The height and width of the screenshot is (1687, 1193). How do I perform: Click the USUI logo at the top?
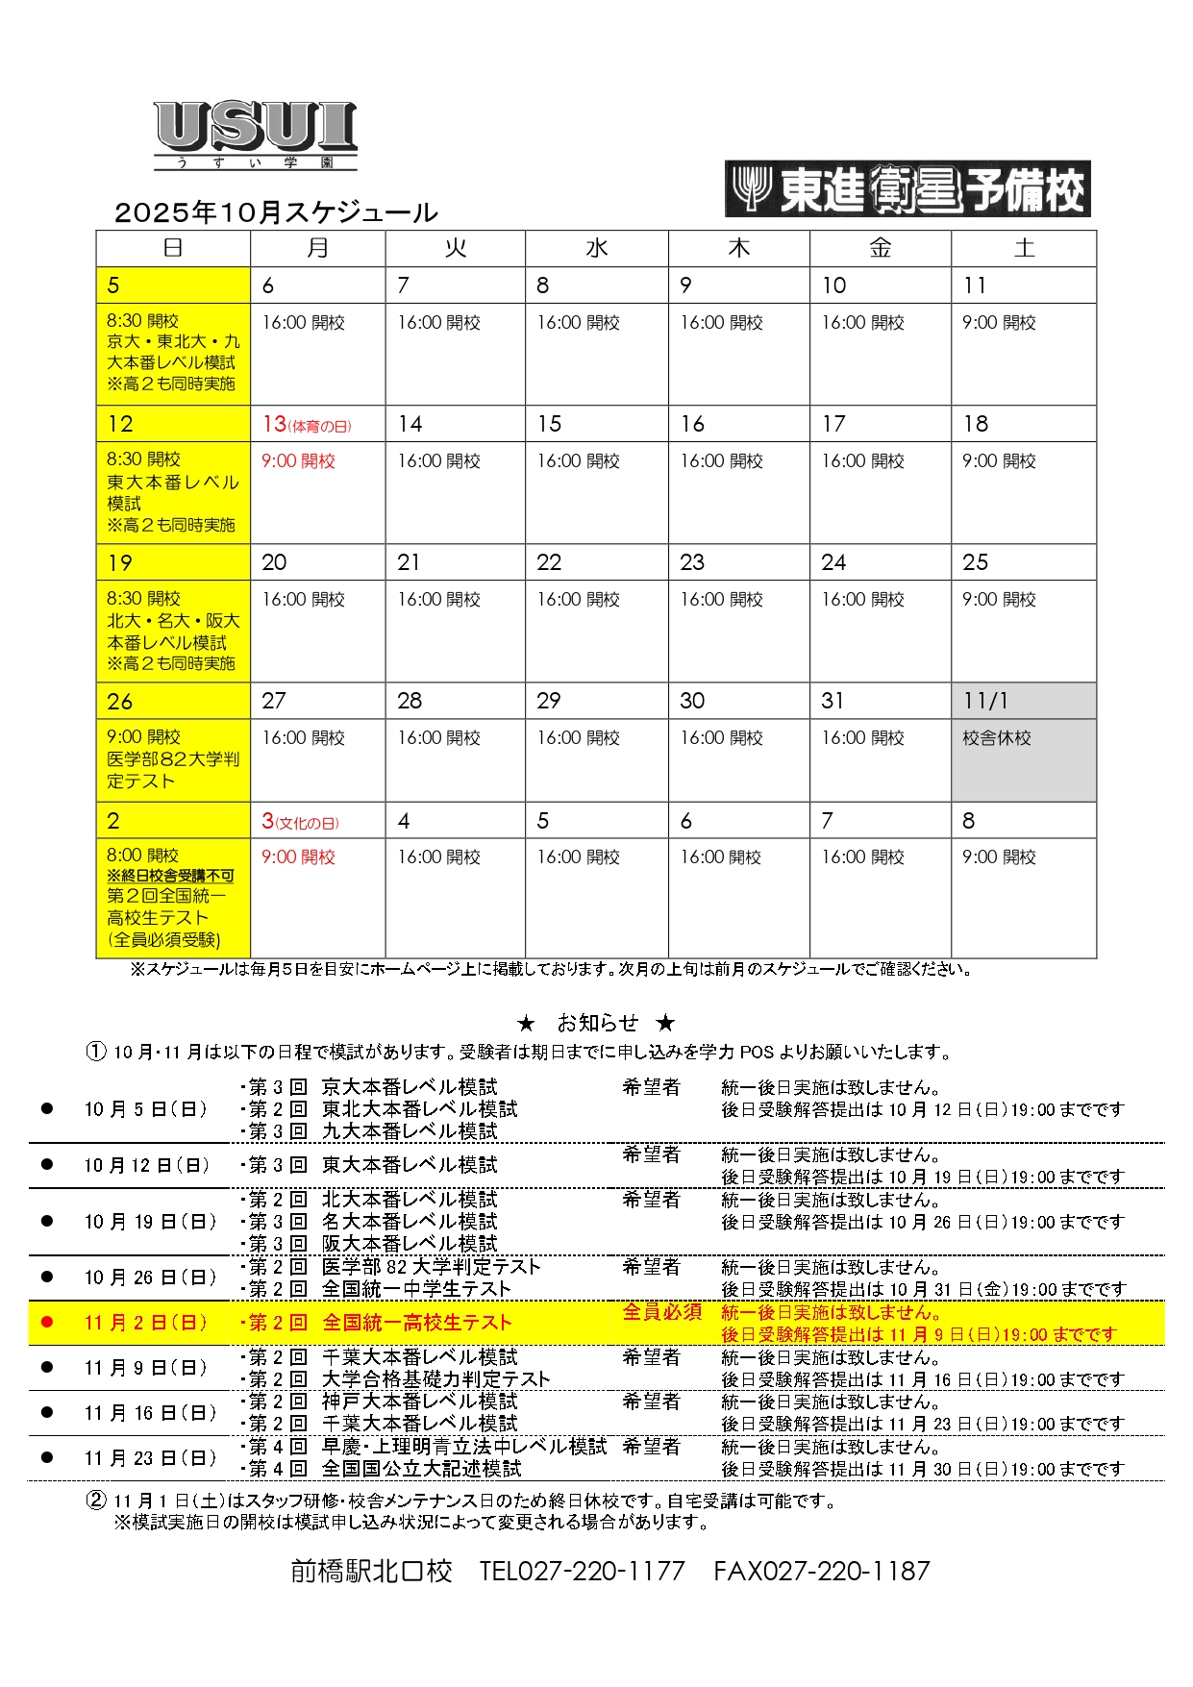click(x=256, y=135)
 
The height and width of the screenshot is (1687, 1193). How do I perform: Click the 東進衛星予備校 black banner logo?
click(x=907, y=188)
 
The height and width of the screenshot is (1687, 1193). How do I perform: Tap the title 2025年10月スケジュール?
click(x=276, y=212)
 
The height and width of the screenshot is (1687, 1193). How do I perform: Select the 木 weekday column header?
click(x=738, y=248)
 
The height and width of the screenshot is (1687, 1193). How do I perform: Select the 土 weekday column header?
click(x=1024, y=248)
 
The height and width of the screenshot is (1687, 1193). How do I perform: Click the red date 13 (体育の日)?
click(x=307, y=424)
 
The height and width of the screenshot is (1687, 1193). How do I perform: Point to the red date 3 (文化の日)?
click(x=300, y=821)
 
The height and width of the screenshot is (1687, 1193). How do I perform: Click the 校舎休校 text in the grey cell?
click(x=997, y=738)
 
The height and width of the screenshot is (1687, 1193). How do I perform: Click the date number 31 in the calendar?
click(x=833, y=701)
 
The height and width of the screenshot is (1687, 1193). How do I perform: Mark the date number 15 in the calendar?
click(x=549, y=424)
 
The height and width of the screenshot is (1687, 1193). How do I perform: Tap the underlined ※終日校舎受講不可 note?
click(x=170, y=876)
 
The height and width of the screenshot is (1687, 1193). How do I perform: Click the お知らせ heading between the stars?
click(x=597, y=1023)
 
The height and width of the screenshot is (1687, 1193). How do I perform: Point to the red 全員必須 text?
click(x=662, y=1312)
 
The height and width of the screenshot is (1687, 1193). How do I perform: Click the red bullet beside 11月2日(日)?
click(x=47, y=1323)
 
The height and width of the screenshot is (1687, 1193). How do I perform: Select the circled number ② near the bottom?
click(x=96, y=1501)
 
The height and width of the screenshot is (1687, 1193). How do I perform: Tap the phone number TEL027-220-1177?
click(x=582, y=1572)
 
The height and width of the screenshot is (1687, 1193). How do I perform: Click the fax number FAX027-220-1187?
click(x=822, y=1572)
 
